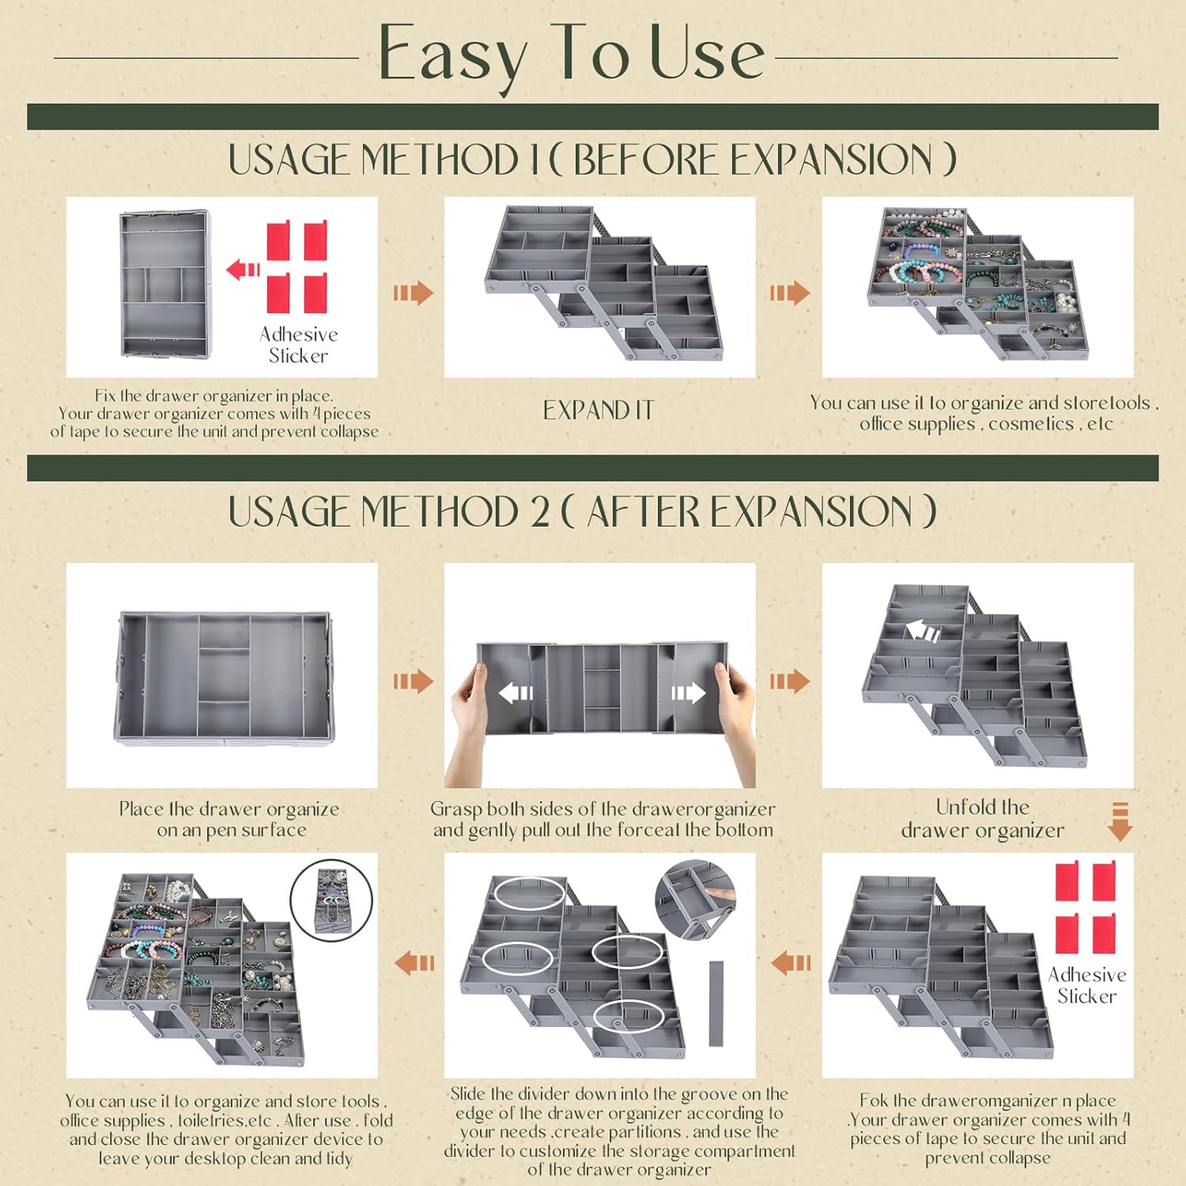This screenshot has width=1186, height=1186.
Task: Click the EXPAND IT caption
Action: (x=599, y=410)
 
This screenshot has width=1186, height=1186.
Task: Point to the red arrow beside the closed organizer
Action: (x=243, y=270)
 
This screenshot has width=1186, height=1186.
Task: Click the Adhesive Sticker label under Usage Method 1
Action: (x=298, y=345)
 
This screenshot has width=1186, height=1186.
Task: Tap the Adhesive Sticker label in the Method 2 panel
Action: (x=1087, y=985)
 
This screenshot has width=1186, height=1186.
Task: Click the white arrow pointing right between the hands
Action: (x=687, y=693)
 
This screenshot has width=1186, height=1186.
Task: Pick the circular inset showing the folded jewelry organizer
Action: (x=330, y=900)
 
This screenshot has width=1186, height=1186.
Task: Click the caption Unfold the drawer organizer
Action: (x=982, y=818)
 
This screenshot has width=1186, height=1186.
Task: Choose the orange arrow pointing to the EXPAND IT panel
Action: (x=413, y=293)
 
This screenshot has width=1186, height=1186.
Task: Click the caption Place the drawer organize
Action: (x=229, y=819)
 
